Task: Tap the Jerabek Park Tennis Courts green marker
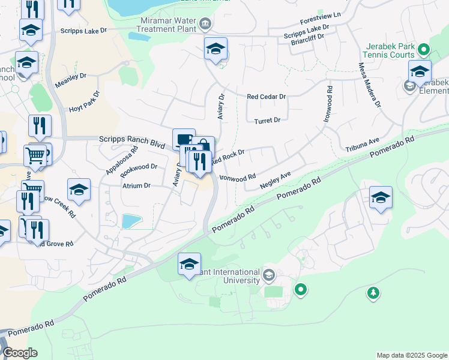click(424, 49)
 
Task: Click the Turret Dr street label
click(267, 121)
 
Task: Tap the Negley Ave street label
click(275, 181)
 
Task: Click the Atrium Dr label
click(136, 186)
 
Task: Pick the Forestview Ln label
click(320, 14)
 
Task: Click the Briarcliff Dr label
click(307, 36)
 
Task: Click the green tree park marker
click(373, 293)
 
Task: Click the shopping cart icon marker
click(35, 156)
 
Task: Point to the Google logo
click(19, 353)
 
